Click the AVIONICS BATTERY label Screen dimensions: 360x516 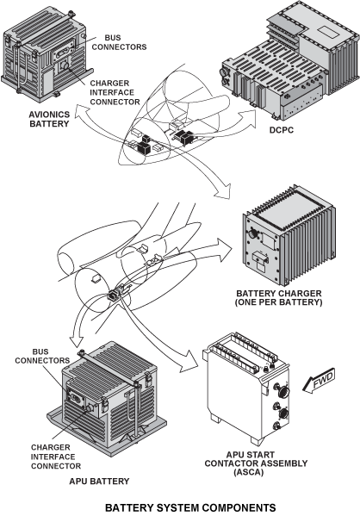click(49, 119)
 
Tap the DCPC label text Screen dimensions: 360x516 click(282, 130)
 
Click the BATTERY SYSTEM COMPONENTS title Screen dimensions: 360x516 click(190, 507)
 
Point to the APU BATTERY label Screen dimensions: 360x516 click(99, 482)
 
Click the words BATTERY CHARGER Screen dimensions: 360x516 click(279, 293)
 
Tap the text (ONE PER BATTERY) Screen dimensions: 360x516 click(279, 302)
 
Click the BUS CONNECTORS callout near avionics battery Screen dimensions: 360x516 click(119, 42)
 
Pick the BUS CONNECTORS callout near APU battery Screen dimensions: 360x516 click(42, 356)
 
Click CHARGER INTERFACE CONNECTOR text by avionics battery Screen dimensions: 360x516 click(115, 92)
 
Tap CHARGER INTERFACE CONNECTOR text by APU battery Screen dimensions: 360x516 click(56, 457)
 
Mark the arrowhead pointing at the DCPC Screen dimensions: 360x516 click(248, 119)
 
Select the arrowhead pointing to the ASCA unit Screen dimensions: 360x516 click(191, 362)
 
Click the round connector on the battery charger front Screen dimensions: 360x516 click(252, 233)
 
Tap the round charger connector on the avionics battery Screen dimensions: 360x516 click(65, 65)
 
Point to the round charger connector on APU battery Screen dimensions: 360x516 click(90, 408)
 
